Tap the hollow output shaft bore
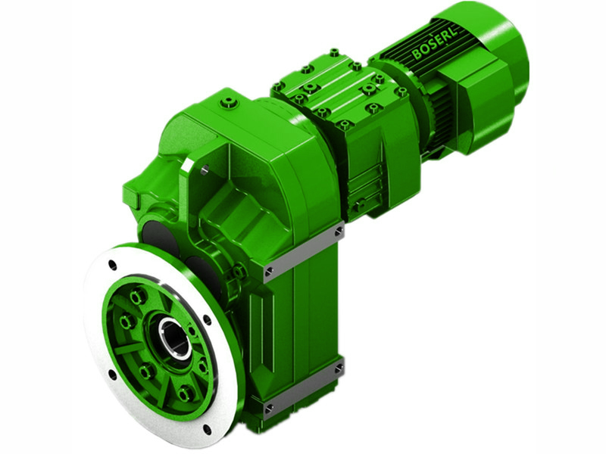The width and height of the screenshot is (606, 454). point(173,336)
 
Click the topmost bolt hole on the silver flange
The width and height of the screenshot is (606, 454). point(113,265)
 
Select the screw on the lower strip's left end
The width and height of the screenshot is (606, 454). point(269,409)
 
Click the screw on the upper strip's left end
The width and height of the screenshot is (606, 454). point(270,269)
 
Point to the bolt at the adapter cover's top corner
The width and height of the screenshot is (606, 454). point(334,53)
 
